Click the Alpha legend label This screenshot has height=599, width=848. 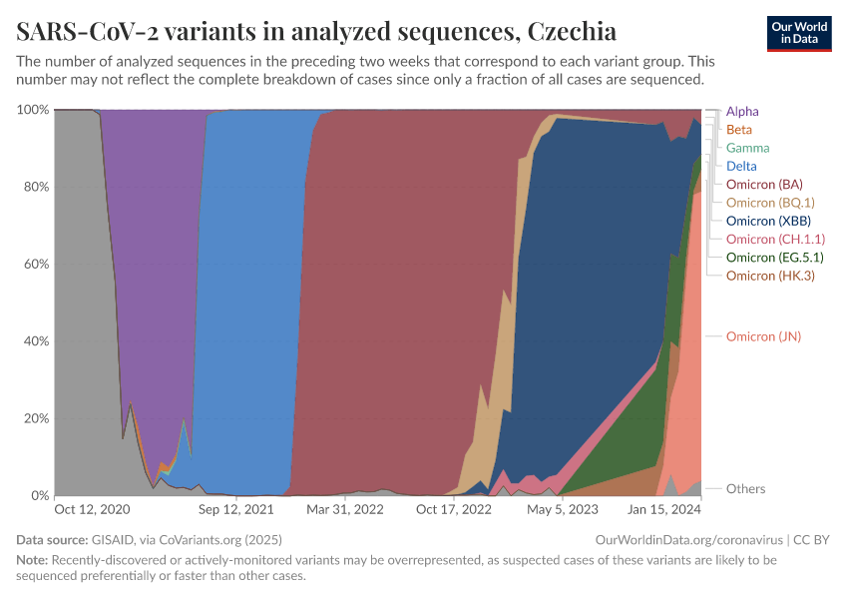pos(742,111)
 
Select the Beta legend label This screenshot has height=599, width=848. pos(739,130)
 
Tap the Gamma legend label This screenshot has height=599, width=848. pos(747,148)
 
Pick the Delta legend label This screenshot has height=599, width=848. pos(741,166)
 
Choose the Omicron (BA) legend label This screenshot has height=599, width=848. pos(764,185)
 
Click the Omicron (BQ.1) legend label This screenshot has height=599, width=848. pos(770,203)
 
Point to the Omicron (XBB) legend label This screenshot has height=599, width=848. pos(768,221)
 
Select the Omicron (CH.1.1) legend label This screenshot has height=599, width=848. pos(775,239)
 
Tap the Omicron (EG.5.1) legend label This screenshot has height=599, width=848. pos(774,257)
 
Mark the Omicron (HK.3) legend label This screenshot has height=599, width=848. pos(770,276)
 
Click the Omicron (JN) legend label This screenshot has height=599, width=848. pos(763,336)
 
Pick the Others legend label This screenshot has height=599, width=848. pos(745,489)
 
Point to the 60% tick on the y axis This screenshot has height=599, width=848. pos(33,265)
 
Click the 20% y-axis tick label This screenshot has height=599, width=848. pos(33,418)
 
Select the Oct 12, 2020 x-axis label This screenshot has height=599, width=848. pos(92,509)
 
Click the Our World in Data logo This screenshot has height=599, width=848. pos(798,33)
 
